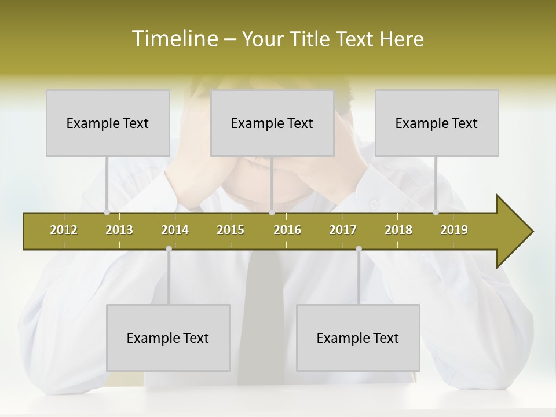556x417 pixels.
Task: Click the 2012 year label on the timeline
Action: click(64, 230)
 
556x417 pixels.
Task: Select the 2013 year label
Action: click(119, 230)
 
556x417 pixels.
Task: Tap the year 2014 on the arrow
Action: click(175, 230)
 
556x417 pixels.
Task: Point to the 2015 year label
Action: click(231, 230)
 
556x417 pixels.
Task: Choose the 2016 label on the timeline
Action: click(287, 230)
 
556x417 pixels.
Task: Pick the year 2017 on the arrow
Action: click(343, 230)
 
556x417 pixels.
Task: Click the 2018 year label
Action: click(398, 230)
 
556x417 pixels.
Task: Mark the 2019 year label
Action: click(454, 230)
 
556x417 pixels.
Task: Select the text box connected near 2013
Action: click(108, 123)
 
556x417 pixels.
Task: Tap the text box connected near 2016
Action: click(272, 123)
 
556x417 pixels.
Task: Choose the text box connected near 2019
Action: click(437, 123)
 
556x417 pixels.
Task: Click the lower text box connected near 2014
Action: click(168, 338)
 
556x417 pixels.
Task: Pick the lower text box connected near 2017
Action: click(358, 338)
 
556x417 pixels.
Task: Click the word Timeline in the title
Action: click(174, 38)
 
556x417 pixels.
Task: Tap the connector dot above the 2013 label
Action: click(107, 213)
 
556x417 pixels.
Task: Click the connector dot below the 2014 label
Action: click(169, 248)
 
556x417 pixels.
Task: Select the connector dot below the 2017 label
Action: click(359, 248)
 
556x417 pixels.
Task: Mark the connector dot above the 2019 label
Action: click(436, 213)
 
